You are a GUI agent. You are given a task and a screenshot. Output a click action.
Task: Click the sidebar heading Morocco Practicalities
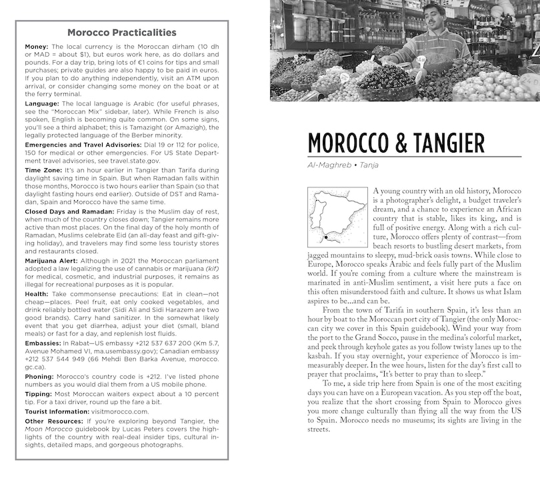[122, 32]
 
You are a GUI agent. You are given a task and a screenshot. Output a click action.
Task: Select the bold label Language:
[44, 105]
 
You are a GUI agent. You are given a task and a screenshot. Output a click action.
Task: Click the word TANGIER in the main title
[445, 143]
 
